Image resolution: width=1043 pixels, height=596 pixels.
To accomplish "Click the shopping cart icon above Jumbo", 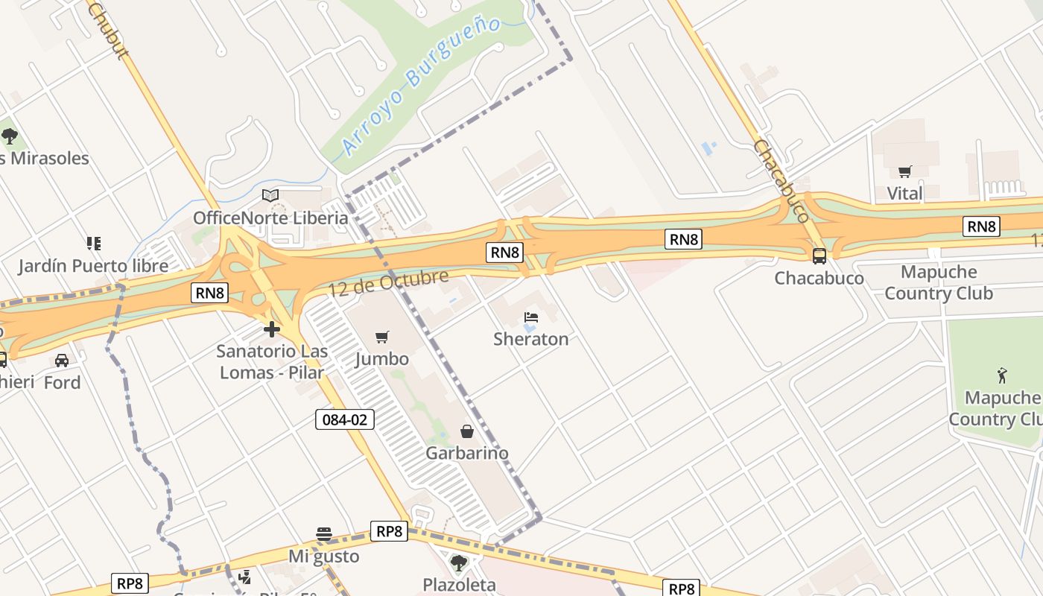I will coord(382,337).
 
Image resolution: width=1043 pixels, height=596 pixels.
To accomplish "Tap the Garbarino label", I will coord(467,453).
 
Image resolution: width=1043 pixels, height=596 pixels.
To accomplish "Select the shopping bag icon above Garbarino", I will coord(467,431).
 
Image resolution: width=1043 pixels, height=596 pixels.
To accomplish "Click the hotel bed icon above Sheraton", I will coord(530,317).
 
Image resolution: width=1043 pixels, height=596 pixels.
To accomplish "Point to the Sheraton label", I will coord(530,339).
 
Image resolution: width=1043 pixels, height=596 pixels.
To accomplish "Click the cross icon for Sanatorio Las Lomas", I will coord(272,329).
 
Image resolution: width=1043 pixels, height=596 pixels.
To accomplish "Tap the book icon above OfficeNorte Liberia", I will coord(270,196).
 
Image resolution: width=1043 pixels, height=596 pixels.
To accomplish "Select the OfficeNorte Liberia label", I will coord(270,218).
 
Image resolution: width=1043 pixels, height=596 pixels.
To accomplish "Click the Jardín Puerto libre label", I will coord(94,265).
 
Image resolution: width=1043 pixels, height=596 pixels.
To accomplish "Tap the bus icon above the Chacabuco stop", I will coord(819,256).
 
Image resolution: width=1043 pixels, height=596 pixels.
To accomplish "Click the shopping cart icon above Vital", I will coord(905,172).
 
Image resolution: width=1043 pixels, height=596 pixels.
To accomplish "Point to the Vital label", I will coord(905,194).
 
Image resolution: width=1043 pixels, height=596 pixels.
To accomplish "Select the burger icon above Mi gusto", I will coord(324,534).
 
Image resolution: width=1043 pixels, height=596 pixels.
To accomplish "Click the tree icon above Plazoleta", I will coord(459,562).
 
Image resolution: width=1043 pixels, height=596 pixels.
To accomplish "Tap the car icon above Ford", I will coord(62,361).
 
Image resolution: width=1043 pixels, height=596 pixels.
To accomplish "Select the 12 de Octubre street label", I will coord(388,283).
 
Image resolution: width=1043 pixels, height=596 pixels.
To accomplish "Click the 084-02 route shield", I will coord(344,419).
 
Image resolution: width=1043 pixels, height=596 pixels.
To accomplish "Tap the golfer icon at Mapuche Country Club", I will coord(1002,375).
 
